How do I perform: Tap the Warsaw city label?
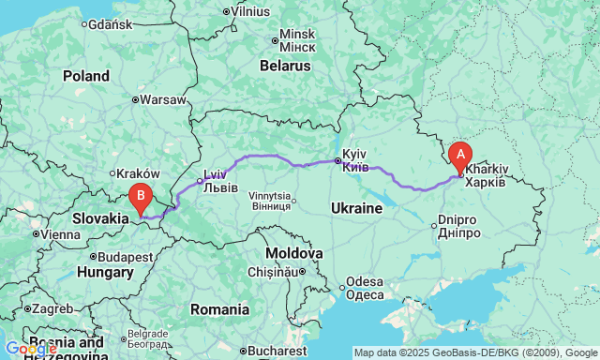click(164, 98)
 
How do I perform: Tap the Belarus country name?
click(285, 67)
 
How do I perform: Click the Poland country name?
click(86, 76)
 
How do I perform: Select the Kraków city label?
click(140, 173)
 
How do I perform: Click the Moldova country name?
click(294, 253)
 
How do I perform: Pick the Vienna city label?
click(60, 233)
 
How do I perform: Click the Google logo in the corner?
click(30, 350)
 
